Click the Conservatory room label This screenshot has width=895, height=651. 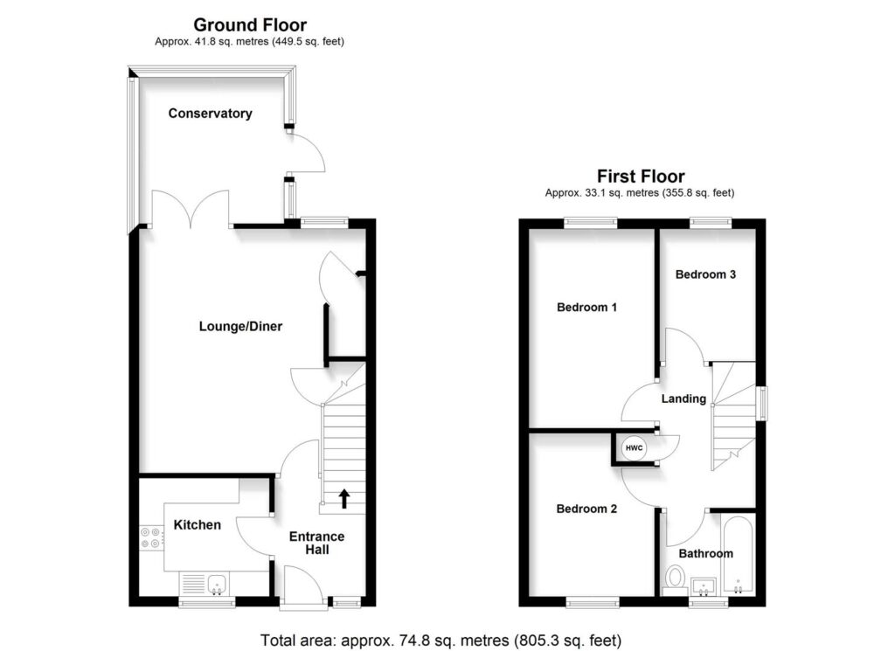tap(210, 114)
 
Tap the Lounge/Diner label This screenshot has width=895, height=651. tap(240, 327)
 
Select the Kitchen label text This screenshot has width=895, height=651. tap(197, 525)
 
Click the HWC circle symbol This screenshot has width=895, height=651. tap(634, 448)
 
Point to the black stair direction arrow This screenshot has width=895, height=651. tap(344, 498)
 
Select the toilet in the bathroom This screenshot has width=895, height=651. tap(675, 579)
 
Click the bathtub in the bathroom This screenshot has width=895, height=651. tap(739, 555)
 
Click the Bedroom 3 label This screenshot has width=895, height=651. tap(705, 274)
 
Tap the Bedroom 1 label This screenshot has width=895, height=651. tap(587, 308)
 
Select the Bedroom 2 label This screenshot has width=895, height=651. tap(587, 509)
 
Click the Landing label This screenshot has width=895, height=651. tap(683, 399)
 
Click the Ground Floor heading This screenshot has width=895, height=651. tap(250, 25)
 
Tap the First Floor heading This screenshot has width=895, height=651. tap(640, 177)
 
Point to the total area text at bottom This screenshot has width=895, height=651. tap(441, 640)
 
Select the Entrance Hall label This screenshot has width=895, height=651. tap(316, 543)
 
